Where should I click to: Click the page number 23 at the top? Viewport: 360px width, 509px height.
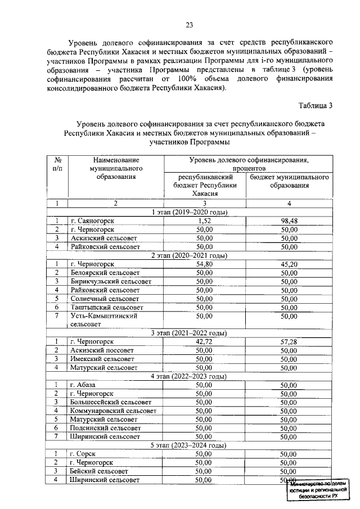click(190, 24)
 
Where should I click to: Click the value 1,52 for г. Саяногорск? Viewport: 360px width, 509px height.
click(204, 222)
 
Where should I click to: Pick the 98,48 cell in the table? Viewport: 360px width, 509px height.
click(289, 222)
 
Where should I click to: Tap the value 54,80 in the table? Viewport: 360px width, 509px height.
click(204, 264)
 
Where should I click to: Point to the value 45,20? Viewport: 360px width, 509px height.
click(289, 264)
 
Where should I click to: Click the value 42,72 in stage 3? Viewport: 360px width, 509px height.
click(204, 341)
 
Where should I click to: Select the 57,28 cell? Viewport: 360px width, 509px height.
click(289, 341)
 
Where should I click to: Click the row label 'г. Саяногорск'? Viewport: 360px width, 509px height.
click(92, 222)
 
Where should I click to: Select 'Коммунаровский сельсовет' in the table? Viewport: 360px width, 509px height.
click(113, 411)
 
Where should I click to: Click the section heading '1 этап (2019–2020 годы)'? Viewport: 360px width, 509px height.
click(190, 213)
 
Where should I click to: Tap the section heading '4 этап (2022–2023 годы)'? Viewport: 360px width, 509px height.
click(190, 376)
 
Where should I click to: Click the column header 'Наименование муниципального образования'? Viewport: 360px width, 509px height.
click(115, 168)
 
